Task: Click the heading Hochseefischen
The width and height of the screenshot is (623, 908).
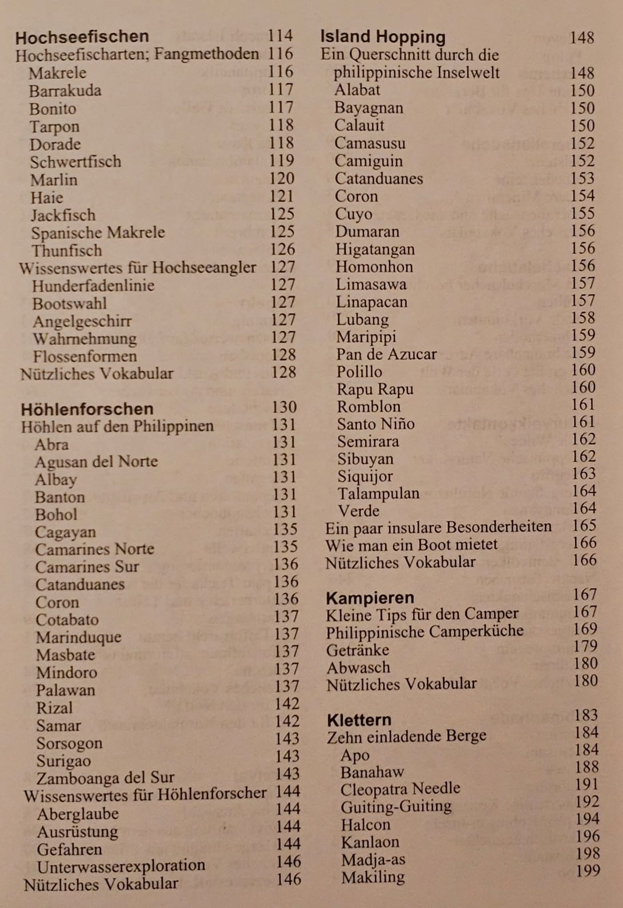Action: tap(82, 37)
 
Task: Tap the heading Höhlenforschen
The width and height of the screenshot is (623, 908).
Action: tap(87, 408)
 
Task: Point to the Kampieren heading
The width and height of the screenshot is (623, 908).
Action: tap(370, 598)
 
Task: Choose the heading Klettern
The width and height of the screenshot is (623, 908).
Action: tap(359, 719)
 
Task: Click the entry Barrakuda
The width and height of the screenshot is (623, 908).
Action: tap(65, 91)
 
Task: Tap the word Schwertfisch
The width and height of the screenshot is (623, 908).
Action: tap(75, 162)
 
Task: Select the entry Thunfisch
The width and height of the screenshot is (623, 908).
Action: tap(67, 250)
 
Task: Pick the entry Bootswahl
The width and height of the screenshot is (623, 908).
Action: tap(70, 304)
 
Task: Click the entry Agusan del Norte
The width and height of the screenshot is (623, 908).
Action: tap(96, 462)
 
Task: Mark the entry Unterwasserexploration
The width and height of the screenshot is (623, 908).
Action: tap(121, 865)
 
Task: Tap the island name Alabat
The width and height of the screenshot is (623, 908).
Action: tap(357, 90)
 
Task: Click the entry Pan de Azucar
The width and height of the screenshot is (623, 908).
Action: tap(386, 354)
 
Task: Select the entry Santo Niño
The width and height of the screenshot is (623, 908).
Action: tap(376, 424)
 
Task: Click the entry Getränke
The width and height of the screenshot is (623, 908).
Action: tap(358, 650)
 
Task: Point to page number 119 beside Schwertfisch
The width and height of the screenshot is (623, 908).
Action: tap(281, 160)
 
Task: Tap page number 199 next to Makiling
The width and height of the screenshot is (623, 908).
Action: tap(588, 871)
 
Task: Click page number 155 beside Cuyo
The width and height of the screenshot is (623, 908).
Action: tap(583, 213)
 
